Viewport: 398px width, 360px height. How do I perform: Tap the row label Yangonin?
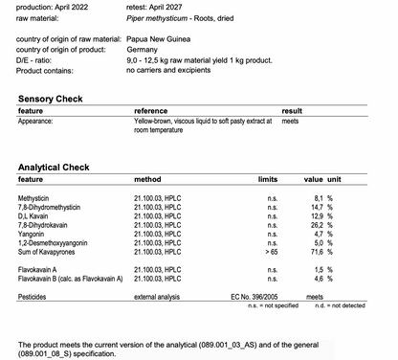[34, 233]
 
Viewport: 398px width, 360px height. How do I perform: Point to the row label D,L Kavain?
[36, 215]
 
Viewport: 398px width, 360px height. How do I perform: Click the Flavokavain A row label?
[43, 270]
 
